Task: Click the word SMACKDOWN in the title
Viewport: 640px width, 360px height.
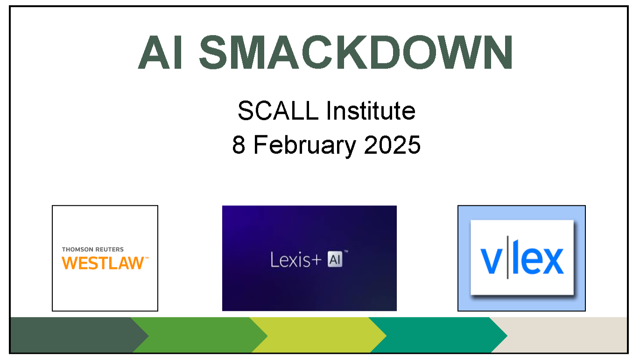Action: click(x=356, y=52)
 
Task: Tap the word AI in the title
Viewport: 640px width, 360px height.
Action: click(x=160, y=52)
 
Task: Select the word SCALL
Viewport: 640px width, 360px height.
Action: click(x=278, y=111)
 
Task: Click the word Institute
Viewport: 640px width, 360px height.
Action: click(x=371, y=111)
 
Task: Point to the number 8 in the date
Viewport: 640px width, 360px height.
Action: click(x=239, y=145)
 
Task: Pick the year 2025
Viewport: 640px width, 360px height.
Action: click(x=392, y=145)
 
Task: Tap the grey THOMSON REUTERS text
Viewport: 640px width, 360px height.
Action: click(x=93, y=249)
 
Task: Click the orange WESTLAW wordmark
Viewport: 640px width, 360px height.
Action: click(x=103, y=263)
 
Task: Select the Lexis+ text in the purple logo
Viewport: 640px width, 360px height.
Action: click(x=296, y=260)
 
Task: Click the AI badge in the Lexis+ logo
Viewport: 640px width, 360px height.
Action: click(x=335, y=259)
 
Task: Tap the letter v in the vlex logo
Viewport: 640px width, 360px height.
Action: click(x=491, y=261)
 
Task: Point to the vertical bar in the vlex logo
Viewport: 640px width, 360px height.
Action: click(x=508, y=257)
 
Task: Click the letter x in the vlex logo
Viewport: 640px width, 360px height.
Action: click(x=551, y=261)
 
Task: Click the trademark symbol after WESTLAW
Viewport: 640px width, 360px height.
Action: click(x=147, y=258)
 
